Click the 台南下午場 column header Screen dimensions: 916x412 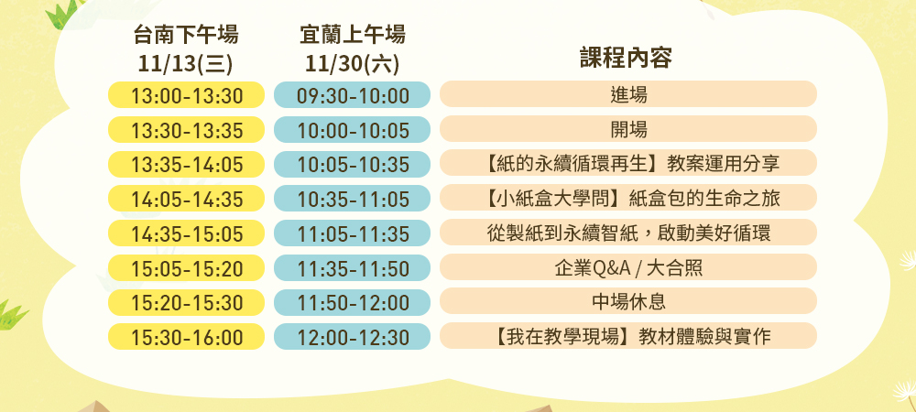[186, 35]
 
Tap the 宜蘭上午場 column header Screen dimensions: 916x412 [353, 35]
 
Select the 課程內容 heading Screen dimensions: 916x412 [627, 59]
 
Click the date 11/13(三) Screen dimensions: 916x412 [186, 64]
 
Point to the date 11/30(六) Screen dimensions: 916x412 [353, 64]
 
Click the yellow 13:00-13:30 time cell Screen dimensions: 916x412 [186, 94]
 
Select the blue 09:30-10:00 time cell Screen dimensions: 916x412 [353, 94]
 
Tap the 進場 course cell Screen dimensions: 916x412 [628, 94]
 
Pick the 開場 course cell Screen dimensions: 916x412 [628, 129]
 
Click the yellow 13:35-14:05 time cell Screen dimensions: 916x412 [186, 164]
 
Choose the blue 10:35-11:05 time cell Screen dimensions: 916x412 [353, 199]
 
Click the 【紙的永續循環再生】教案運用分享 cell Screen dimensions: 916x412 [628, 163]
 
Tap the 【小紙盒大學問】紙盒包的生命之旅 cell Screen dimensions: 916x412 [628, 198]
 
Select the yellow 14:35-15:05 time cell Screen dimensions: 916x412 [186, 233]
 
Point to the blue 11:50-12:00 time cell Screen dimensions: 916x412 [353, 302]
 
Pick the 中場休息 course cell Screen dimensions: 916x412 [628, 301]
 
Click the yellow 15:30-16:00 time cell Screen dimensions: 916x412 [186, 337]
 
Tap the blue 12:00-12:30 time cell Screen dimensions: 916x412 [353, 337]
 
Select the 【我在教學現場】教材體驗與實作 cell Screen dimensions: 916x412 [628, 336]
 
